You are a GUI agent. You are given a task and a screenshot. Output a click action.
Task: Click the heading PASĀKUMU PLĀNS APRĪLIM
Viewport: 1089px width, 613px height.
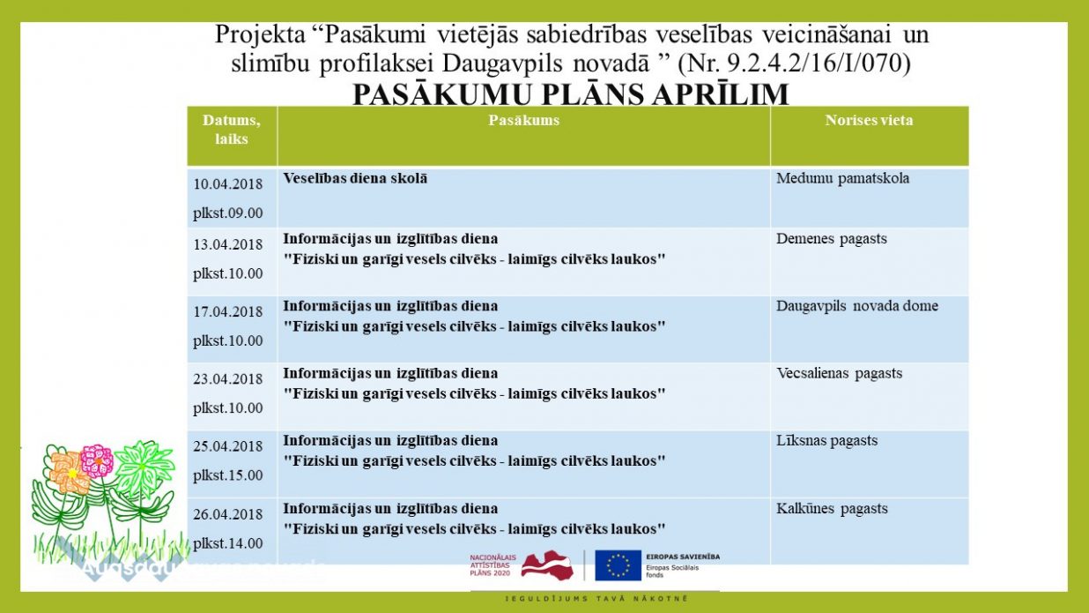(x=570, y=94)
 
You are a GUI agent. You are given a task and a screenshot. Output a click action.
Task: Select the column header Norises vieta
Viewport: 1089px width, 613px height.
(x=869, y=121)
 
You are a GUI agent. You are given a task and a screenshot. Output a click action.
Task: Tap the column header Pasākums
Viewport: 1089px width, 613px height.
(x=523, y=121)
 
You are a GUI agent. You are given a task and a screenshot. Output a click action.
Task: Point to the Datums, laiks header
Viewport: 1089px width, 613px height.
(x=232, y=130)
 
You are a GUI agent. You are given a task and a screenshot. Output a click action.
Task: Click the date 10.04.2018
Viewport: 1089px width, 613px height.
(x=228, y=184)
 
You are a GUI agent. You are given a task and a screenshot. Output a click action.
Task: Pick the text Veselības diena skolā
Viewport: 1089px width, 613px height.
(x=355, y=178)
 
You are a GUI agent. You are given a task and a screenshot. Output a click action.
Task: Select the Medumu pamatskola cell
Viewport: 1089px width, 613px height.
(x=842, y=179)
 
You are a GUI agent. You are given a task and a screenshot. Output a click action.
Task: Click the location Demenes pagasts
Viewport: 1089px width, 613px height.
(x=831, y=239)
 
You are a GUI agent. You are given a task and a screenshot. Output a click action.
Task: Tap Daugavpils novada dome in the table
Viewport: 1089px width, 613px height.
(x=856, y=306)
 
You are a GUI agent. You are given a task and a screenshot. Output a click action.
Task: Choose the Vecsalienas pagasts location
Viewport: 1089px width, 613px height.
(x=839, y=373)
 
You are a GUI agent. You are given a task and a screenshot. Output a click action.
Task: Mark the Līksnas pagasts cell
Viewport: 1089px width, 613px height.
(x=826, y=441)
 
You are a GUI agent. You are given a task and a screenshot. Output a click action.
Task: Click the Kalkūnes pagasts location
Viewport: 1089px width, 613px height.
(x=832, y=509)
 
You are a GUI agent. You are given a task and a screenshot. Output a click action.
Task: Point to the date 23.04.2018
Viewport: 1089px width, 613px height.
(x=228, y=379)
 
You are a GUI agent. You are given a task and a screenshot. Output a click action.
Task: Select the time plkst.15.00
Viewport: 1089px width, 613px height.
(x=228, y=475)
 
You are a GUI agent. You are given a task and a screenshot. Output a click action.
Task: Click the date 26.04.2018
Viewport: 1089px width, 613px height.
(x=228, y=514)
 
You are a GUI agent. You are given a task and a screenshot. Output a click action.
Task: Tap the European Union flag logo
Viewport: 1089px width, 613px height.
(x=618, y=565)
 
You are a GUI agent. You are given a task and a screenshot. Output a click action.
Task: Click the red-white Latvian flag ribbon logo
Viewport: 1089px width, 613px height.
(x=547, y=564)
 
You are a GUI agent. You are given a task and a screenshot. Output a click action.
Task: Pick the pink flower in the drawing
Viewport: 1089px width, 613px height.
(x=96, y=460)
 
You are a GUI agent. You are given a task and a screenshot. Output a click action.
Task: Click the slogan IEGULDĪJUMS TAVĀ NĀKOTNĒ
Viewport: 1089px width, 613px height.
(x=596, y=600)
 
